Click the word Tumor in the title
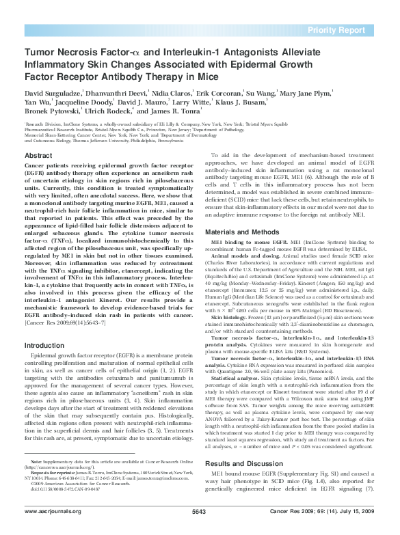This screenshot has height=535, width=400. point(38,51)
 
